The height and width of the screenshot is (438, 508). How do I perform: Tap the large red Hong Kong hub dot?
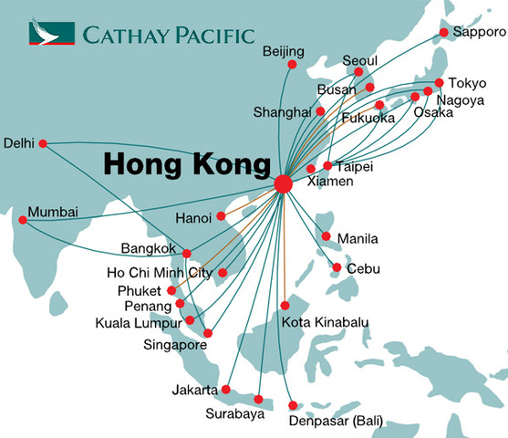[x=283, y=184]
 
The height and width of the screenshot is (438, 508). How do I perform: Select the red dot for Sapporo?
[x=444, y=33]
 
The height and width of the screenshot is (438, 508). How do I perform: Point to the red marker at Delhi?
[x=42, y=142]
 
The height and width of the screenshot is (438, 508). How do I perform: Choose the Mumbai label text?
[x=53, y=213]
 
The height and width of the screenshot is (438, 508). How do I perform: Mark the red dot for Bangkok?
[x=186, y=254]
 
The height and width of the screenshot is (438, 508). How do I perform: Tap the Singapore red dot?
[x=208, y=333]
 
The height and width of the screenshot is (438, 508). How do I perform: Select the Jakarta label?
[x=193, y=390]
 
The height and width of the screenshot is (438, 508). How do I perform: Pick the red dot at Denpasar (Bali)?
[x=293, y=406]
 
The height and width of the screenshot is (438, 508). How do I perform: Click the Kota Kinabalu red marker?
[x=285, y=306]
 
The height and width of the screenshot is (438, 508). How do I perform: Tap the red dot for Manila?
[x=327, y=237]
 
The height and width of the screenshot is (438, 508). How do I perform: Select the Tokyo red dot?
[x=440, y=83]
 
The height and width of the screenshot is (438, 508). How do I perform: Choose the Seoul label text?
[x=359, y=60]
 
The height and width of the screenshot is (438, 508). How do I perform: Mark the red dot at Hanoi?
[x=221, y=217]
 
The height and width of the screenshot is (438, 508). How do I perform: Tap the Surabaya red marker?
[x=259, y=399]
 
